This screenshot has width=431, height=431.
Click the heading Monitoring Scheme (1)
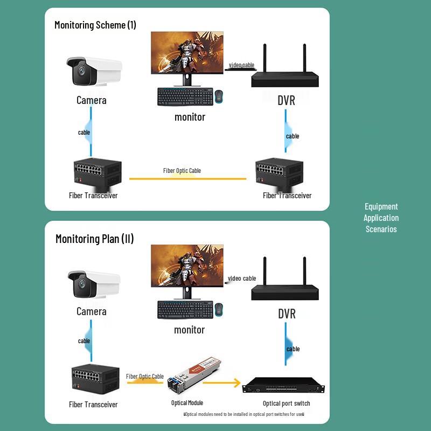[x=95, y=25]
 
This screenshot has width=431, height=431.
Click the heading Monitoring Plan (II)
[x=94, y=239]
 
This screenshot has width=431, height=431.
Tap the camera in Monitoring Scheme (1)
[x=93, y=71]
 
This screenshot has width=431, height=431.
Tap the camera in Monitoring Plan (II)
[x=93, y=283]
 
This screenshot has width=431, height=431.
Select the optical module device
[x=189, y=378]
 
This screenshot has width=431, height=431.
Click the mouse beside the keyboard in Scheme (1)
[x=219, y=96]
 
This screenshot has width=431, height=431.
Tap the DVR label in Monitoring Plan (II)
[x=287, y=314]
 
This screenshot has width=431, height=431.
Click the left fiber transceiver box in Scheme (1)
[x=98, y=172]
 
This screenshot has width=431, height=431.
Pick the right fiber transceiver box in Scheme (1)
[x=279, y=172]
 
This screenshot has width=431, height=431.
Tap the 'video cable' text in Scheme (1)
[x=241, y=65]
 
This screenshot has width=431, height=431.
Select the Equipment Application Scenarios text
[x=381, y=218]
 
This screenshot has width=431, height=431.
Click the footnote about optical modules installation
[x=244, y=414]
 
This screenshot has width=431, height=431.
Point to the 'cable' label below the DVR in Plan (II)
[x=293, y=349]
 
